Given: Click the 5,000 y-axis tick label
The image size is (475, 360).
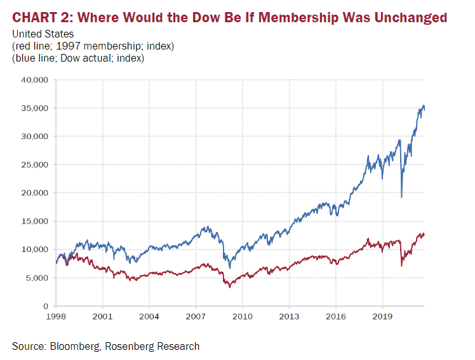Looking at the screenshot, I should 37,277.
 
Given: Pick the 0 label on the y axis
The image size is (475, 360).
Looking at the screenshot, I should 46,306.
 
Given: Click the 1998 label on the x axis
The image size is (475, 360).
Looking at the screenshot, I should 56,316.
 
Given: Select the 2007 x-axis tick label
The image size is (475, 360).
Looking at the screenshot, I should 196,316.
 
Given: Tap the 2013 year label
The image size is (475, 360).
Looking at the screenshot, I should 289,316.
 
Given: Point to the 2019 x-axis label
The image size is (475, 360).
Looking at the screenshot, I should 382,316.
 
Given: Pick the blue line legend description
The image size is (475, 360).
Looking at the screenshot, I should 78,58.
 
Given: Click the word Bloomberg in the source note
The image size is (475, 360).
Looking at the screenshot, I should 76,346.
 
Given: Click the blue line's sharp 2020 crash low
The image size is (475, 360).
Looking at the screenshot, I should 401,197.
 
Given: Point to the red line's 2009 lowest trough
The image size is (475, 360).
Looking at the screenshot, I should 230,288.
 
